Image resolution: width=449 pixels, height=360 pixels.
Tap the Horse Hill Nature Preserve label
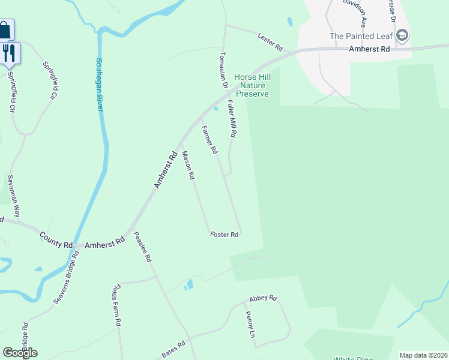coord(253,86)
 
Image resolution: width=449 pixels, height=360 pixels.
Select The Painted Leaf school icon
coord(402,36)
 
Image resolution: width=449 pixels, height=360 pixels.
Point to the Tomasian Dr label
coord(223,74)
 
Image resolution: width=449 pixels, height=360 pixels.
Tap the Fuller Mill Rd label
coord(232,119)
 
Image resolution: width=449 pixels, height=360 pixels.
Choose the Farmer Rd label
coord(209,139)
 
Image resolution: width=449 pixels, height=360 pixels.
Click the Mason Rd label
coord(188,166)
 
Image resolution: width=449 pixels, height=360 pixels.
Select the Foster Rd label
coord(225,235)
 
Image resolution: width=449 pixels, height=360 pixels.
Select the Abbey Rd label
coord(264,298)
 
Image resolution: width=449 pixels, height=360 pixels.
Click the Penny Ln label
coord(250,325)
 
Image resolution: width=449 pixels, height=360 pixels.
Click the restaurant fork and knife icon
coord(9,53)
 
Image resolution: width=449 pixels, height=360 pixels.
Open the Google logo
coord(20,353)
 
